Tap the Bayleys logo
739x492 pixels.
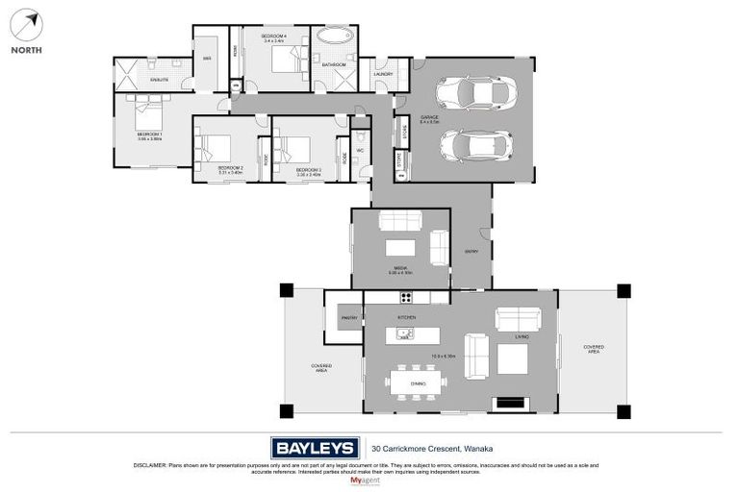[315, 447]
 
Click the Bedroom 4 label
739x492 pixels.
[275, 37]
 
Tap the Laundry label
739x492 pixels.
[381, 73]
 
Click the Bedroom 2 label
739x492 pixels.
[229, 167]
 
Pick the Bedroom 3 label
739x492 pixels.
[308, 167]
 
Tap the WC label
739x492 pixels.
[359, 150]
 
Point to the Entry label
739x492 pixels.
[471, 252]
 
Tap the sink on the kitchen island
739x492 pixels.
[401, 335]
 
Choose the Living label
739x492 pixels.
[521, 337]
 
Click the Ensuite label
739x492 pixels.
[158, 80]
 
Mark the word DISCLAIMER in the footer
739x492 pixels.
[150, 465]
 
